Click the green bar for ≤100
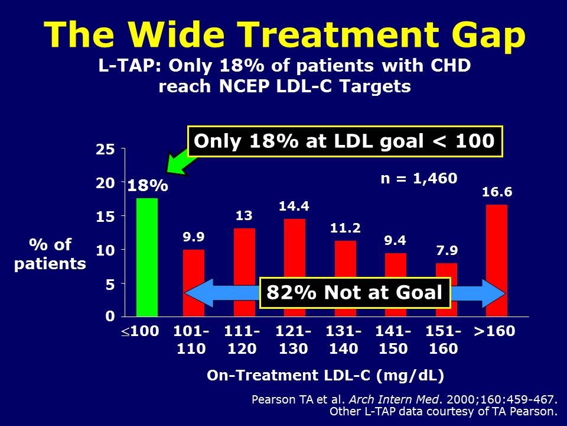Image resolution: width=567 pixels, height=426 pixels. pos(147,257)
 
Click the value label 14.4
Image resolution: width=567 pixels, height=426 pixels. pos(294,206)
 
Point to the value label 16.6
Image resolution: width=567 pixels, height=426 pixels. pos(496,192)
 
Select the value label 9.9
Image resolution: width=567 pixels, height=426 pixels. pos(193,238)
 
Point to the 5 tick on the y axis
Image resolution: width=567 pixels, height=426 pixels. pos(109,284)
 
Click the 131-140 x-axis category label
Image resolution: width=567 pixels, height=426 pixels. pos(344,340)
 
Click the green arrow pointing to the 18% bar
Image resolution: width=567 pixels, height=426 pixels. pos(177,162)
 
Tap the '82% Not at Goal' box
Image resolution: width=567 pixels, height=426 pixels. pos(354,293)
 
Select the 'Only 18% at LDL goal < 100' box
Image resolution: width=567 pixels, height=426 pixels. pos(344,141)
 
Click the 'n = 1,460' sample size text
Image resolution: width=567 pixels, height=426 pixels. pos(418,177)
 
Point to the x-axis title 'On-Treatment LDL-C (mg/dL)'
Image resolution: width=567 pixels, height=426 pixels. pos(325,375)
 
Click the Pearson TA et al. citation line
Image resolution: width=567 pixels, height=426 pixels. pos(405,399)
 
